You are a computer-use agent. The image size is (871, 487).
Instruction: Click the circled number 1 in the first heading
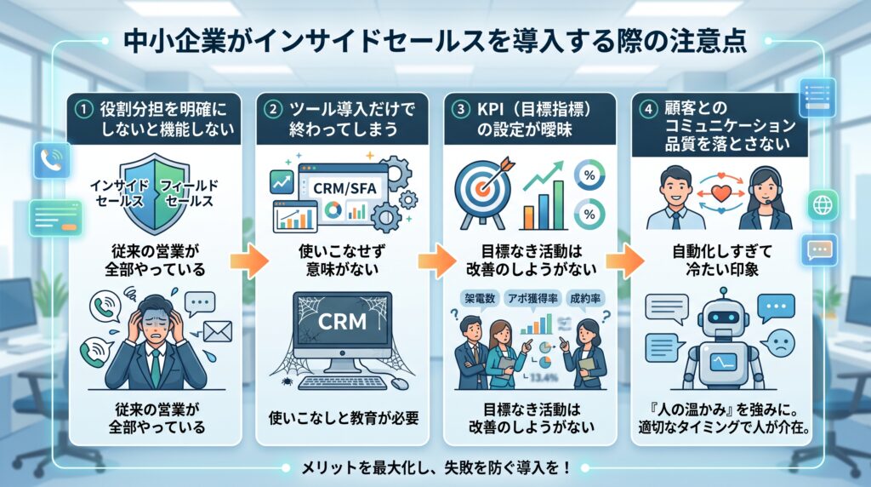(83, 109)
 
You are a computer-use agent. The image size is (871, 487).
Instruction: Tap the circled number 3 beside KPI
(460, 109)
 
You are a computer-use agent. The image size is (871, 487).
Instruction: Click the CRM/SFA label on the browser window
(344, 188)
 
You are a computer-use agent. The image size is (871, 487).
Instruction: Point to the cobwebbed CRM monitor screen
(342, 324)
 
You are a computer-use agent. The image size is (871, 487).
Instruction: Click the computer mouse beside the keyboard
(399, 383)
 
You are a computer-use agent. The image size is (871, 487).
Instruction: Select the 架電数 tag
(481, 299)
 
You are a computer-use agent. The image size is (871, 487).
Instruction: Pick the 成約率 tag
(585, 299)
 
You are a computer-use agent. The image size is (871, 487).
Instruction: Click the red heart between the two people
(721, 193)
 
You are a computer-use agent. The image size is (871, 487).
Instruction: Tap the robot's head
(723, 318)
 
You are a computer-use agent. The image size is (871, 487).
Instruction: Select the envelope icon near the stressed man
(218, 332)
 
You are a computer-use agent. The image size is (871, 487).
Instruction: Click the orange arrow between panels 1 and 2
(249, 261)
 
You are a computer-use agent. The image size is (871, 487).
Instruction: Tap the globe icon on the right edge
(823, 205)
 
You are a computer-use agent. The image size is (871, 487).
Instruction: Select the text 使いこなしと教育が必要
(344, 418)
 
